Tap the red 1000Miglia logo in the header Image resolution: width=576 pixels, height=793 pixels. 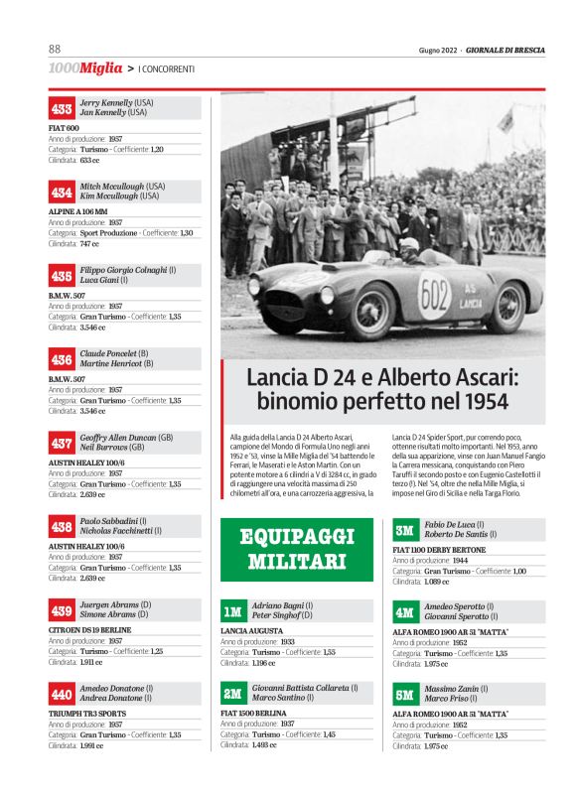point(84,68)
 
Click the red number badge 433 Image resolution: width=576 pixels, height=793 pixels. point(62,108)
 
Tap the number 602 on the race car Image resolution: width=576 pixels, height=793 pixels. point(434,295)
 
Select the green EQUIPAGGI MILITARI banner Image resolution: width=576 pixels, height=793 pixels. point(297,549)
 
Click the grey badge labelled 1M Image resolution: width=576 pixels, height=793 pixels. point(232,611)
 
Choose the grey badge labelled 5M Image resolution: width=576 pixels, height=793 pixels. point(404,695)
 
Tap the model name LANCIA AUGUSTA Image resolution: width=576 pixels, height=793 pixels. point(253,630)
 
